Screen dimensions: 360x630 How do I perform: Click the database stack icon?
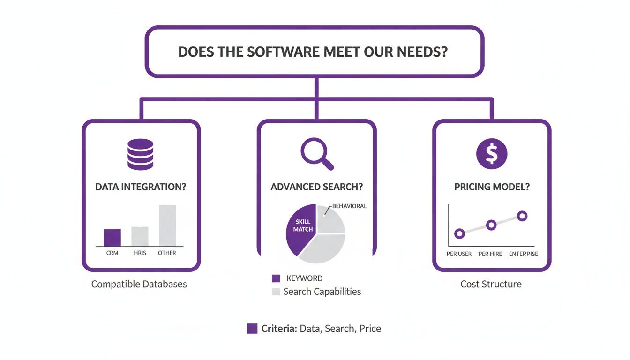pos(140,154)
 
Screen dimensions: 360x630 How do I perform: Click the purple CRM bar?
pos(112,238)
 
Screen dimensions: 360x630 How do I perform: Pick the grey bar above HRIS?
pos(140,236)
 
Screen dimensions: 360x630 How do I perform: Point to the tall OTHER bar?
pos(167,225)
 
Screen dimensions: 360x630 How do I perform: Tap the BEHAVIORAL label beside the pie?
pos(349,206)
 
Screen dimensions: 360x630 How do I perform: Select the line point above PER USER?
pos(460,233)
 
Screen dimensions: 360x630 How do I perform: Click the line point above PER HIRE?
pos(491,225)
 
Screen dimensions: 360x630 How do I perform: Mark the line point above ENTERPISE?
pos(522,216)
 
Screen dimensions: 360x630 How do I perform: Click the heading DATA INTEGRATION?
pos(141,187)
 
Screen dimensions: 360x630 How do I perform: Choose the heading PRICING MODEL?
pos(492,187)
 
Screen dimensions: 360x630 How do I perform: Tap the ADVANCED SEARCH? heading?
pos(316,187)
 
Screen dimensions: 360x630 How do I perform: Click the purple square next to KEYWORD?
pos(276,278)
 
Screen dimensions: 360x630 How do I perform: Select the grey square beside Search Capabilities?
pos(276,292)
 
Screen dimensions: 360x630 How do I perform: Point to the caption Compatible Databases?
pos(139,284)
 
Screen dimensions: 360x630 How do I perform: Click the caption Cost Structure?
pos(491,284)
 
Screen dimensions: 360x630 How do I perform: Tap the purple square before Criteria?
pos(252,329)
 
